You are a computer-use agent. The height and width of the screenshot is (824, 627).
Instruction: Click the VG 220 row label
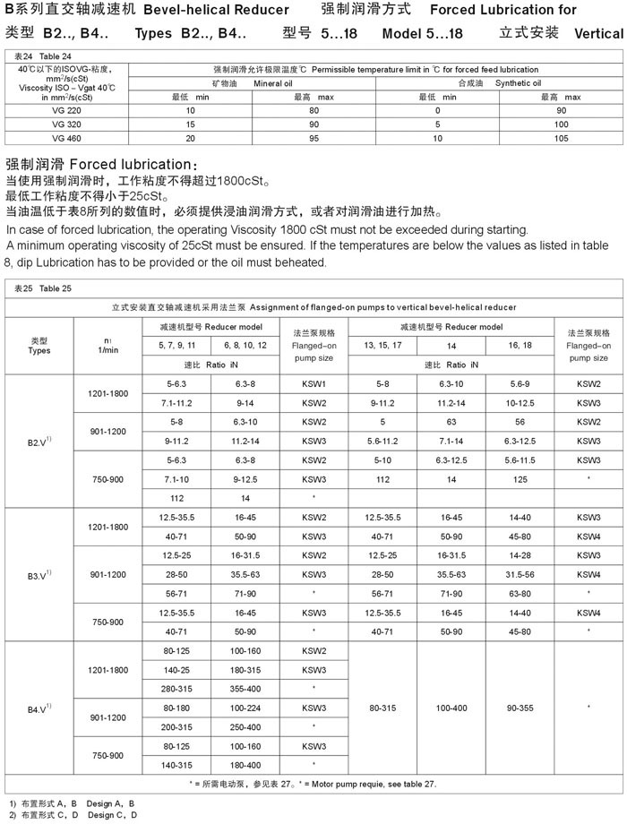pos(67,109)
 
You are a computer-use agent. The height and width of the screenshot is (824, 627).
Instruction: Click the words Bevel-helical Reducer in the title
pos(216,11)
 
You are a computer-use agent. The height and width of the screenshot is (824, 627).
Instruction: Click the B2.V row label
pos(40,441)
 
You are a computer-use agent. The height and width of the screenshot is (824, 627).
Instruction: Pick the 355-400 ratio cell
pos(245,687)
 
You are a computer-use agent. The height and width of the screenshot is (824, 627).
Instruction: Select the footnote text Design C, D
pos(113,814)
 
